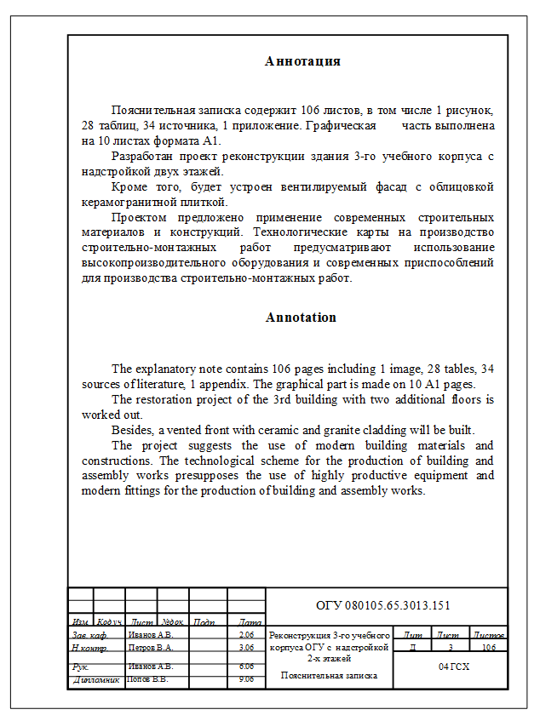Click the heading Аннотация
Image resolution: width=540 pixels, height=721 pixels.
(x=302, y=61)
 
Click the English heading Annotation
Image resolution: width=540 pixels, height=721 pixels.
(x=301, y=318)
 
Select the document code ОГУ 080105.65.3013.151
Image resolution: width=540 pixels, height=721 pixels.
(x=382, y=605)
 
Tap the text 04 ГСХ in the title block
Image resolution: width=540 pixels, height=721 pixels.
(x=454, y=667)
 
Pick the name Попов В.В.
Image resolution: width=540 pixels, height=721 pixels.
(x=147, y=679)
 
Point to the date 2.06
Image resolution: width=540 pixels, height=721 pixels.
(x=247, y=635)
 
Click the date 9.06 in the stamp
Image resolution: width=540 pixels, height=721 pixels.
(x=247, y=679)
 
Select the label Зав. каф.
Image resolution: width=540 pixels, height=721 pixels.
(x=89, y=635)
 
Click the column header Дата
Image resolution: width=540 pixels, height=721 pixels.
(x=250, y=622)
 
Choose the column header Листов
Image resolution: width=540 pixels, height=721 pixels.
(x=489, y=635)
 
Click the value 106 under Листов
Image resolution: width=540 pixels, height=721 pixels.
(x=489, y=647)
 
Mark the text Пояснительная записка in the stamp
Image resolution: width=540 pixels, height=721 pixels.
(x=330, y=675)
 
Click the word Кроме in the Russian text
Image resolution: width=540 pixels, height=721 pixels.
(x=129, y=186)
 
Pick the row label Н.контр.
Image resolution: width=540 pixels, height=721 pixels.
(x=88, y=647)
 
